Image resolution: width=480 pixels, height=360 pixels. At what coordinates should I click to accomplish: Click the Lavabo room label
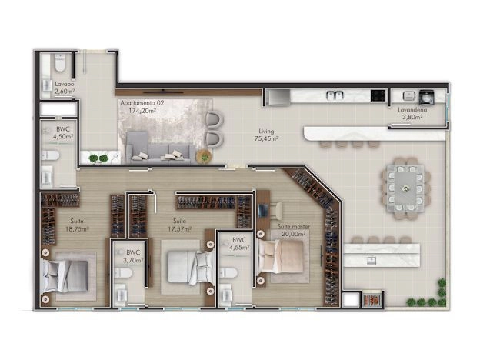tap(65, 84)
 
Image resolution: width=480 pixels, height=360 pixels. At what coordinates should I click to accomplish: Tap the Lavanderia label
tap(412, 109)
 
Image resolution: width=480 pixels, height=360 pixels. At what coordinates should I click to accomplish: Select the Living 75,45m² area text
tap(266, 135)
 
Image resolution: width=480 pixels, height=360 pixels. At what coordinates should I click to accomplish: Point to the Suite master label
tap(294, 227)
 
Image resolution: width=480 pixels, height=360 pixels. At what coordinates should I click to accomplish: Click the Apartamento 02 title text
tap(142, 103)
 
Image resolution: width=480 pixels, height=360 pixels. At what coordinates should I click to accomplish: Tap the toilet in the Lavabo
tap(60, 63)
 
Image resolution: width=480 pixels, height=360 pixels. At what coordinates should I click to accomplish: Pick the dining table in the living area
tap(405, 188)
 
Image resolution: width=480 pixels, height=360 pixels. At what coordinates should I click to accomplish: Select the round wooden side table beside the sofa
tap(204, 156)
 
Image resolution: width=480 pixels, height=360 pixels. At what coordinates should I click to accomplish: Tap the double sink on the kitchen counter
tap(335, 95)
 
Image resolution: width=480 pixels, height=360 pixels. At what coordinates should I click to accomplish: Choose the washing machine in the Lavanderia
tap(426, 96)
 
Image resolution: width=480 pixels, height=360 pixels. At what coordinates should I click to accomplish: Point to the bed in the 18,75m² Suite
tap(65, 276)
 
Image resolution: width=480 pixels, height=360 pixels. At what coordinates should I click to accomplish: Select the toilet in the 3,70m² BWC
tap(123, 273)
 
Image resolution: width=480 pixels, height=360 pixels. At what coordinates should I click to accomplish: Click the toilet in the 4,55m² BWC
tap(228, 273)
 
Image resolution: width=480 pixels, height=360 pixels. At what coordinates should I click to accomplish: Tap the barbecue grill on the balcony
tap(372, 299)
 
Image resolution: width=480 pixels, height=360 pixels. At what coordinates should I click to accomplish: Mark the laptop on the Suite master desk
tap(263, 210)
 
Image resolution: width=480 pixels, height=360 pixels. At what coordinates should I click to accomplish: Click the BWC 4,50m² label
tap(63, 133)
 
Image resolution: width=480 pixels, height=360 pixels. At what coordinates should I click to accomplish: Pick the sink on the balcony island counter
tap(372, 261)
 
